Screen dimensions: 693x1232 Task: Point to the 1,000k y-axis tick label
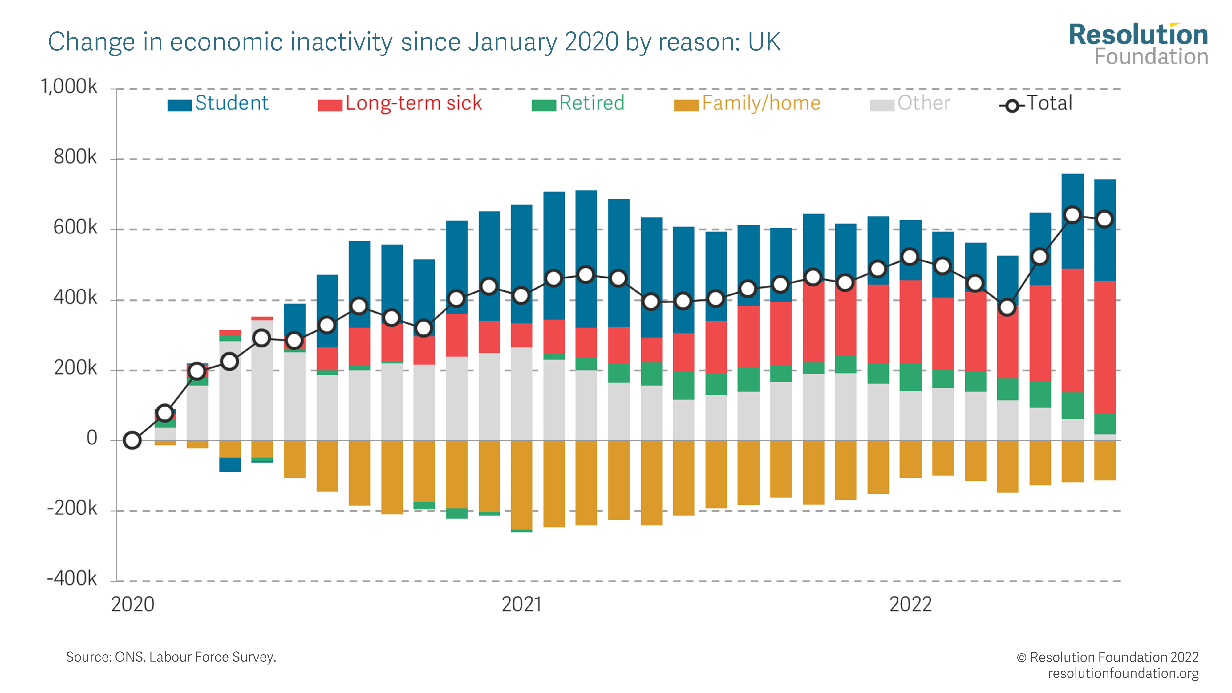click(x=69, y=87)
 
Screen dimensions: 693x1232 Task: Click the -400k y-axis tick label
click(x=72, y=579)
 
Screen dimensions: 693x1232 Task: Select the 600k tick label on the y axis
click(x=75, y=228)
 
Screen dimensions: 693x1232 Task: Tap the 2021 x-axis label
click(x=521, y=605)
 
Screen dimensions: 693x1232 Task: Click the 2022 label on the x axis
click(x=910, y=605)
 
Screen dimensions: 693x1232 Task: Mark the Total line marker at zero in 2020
click(x=132, y=440)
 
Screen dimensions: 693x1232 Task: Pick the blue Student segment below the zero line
click(x=230, y=464)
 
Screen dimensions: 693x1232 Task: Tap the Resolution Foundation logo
click(x=1138, y=44)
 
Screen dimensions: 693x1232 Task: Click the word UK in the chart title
click(x=764, y=42)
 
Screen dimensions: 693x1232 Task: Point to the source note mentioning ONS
click(x=171, y=657)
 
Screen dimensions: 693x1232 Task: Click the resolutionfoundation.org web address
click(x=1123, y=673)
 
